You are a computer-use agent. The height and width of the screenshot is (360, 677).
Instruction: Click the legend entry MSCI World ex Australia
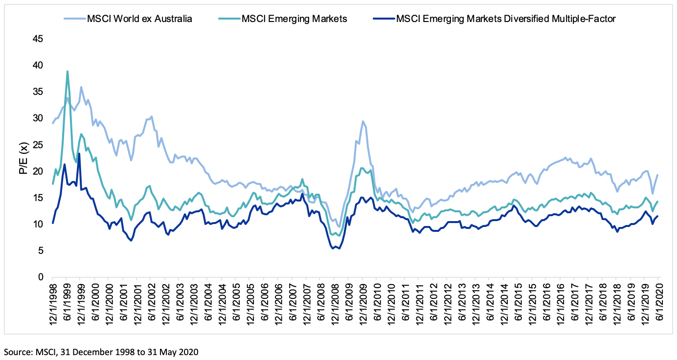[139, 19]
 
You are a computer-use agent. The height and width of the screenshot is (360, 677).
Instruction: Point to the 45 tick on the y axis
[38, 39]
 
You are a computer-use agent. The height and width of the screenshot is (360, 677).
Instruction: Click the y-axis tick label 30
[38, 118]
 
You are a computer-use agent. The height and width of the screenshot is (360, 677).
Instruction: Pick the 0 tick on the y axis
[41, 277]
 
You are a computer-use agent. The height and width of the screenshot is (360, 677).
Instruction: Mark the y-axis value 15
[38, 198]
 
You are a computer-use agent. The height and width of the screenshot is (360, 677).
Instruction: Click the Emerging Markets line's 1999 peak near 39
[68, 71]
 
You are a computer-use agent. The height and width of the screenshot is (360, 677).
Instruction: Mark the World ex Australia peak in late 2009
[362, 121]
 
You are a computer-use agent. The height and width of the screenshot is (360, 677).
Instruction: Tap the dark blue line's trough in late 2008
[334, 248]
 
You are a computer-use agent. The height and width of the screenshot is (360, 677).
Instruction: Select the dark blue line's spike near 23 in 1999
[79, 154]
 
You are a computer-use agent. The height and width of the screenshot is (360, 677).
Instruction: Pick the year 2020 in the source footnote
[189, 351]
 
